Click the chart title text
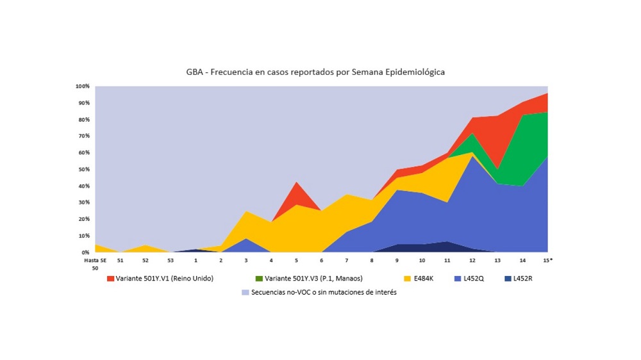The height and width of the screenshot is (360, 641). pos(311,72)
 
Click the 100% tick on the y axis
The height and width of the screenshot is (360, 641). pos(83,86)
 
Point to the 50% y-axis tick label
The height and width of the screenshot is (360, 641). pos(84,169)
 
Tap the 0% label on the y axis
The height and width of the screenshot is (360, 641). pos(85,252)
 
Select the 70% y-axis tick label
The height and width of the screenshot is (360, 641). pos(84,136)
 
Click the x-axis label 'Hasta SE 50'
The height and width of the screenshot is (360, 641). pos(95,264)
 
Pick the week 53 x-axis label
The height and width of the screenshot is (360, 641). pos(171,261)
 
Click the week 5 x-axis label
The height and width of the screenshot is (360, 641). pos(296,261)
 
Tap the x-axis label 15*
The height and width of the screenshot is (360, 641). pos(547,261)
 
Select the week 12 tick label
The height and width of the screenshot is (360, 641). pos(472,261)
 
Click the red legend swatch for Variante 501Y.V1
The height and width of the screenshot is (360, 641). pos(111,278)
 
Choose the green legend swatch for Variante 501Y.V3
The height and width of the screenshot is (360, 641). pos(259,278)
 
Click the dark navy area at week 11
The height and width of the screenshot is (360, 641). pos(447,247)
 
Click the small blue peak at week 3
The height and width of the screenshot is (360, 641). pos(246,245)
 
